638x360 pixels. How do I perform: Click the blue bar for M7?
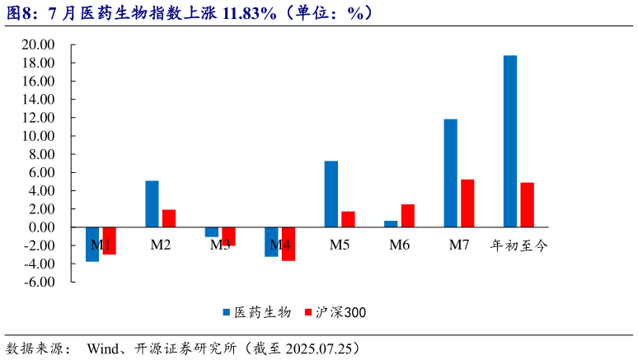click(x=450, y=173)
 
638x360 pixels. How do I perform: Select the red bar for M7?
click(x=467, y=203)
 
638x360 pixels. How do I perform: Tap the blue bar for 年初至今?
click(x=510, y=141)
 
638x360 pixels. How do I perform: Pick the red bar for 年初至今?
click(x=527, y=205)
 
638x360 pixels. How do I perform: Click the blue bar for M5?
click(x=331, y=194)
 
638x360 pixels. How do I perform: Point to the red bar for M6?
click(x=407, y=216)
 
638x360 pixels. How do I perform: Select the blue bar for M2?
click(x=152, y=203)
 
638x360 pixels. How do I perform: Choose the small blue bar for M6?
click(x=391, y=224)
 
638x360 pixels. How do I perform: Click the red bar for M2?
click(x=169, y=218)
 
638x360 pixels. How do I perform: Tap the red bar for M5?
click(x=348, y=219)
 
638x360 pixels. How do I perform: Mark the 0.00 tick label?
click(x=41, y=227)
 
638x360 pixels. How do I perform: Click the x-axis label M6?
click(x=400, y=245)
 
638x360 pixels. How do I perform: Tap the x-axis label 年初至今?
click(x=519, y=245)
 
